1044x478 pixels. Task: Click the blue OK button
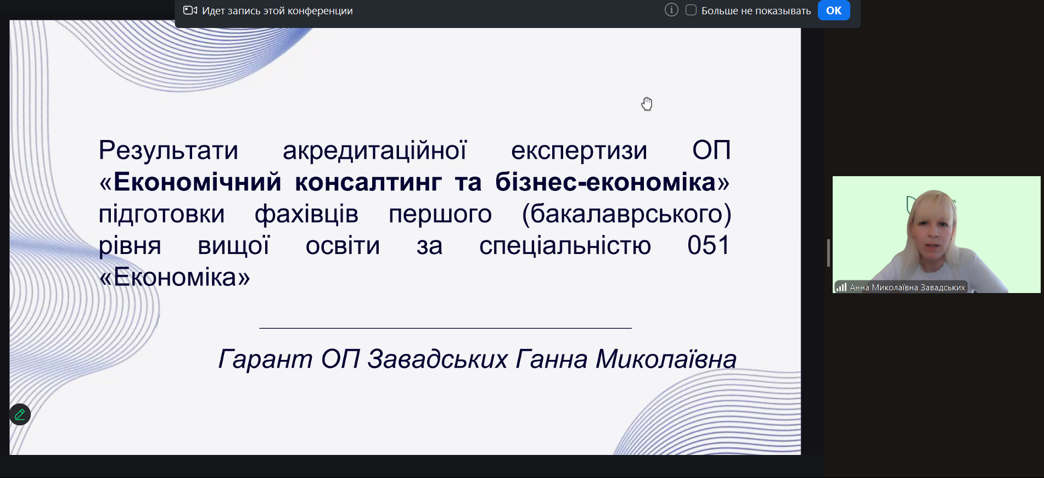coord(834,10)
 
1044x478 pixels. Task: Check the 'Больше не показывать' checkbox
coord(691,10)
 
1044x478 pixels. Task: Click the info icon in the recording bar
coord(671,10)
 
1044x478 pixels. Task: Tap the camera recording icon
coord(190,10)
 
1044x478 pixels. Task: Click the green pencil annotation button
coord(20,414)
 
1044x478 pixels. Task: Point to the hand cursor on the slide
coord(647,104)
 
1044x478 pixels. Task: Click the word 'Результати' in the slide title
coord(169,150)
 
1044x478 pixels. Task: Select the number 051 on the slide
coord(709,245)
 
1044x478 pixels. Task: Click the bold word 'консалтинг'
coord(368,182)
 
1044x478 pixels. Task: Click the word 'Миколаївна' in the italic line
coord(666,359)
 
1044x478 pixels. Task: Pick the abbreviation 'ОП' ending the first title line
coord(711,150)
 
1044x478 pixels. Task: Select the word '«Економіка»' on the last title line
coord(175,277)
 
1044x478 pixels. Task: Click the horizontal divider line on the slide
coord(445,328)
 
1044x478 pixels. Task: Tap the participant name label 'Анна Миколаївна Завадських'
coord(907,288)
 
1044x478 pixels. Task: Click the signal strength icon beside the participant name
coord(841,287)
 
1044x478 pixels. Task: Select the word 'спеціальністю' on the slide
coord(565,246)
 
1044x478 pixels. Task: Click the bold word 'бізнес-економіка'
coord(605,182)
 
